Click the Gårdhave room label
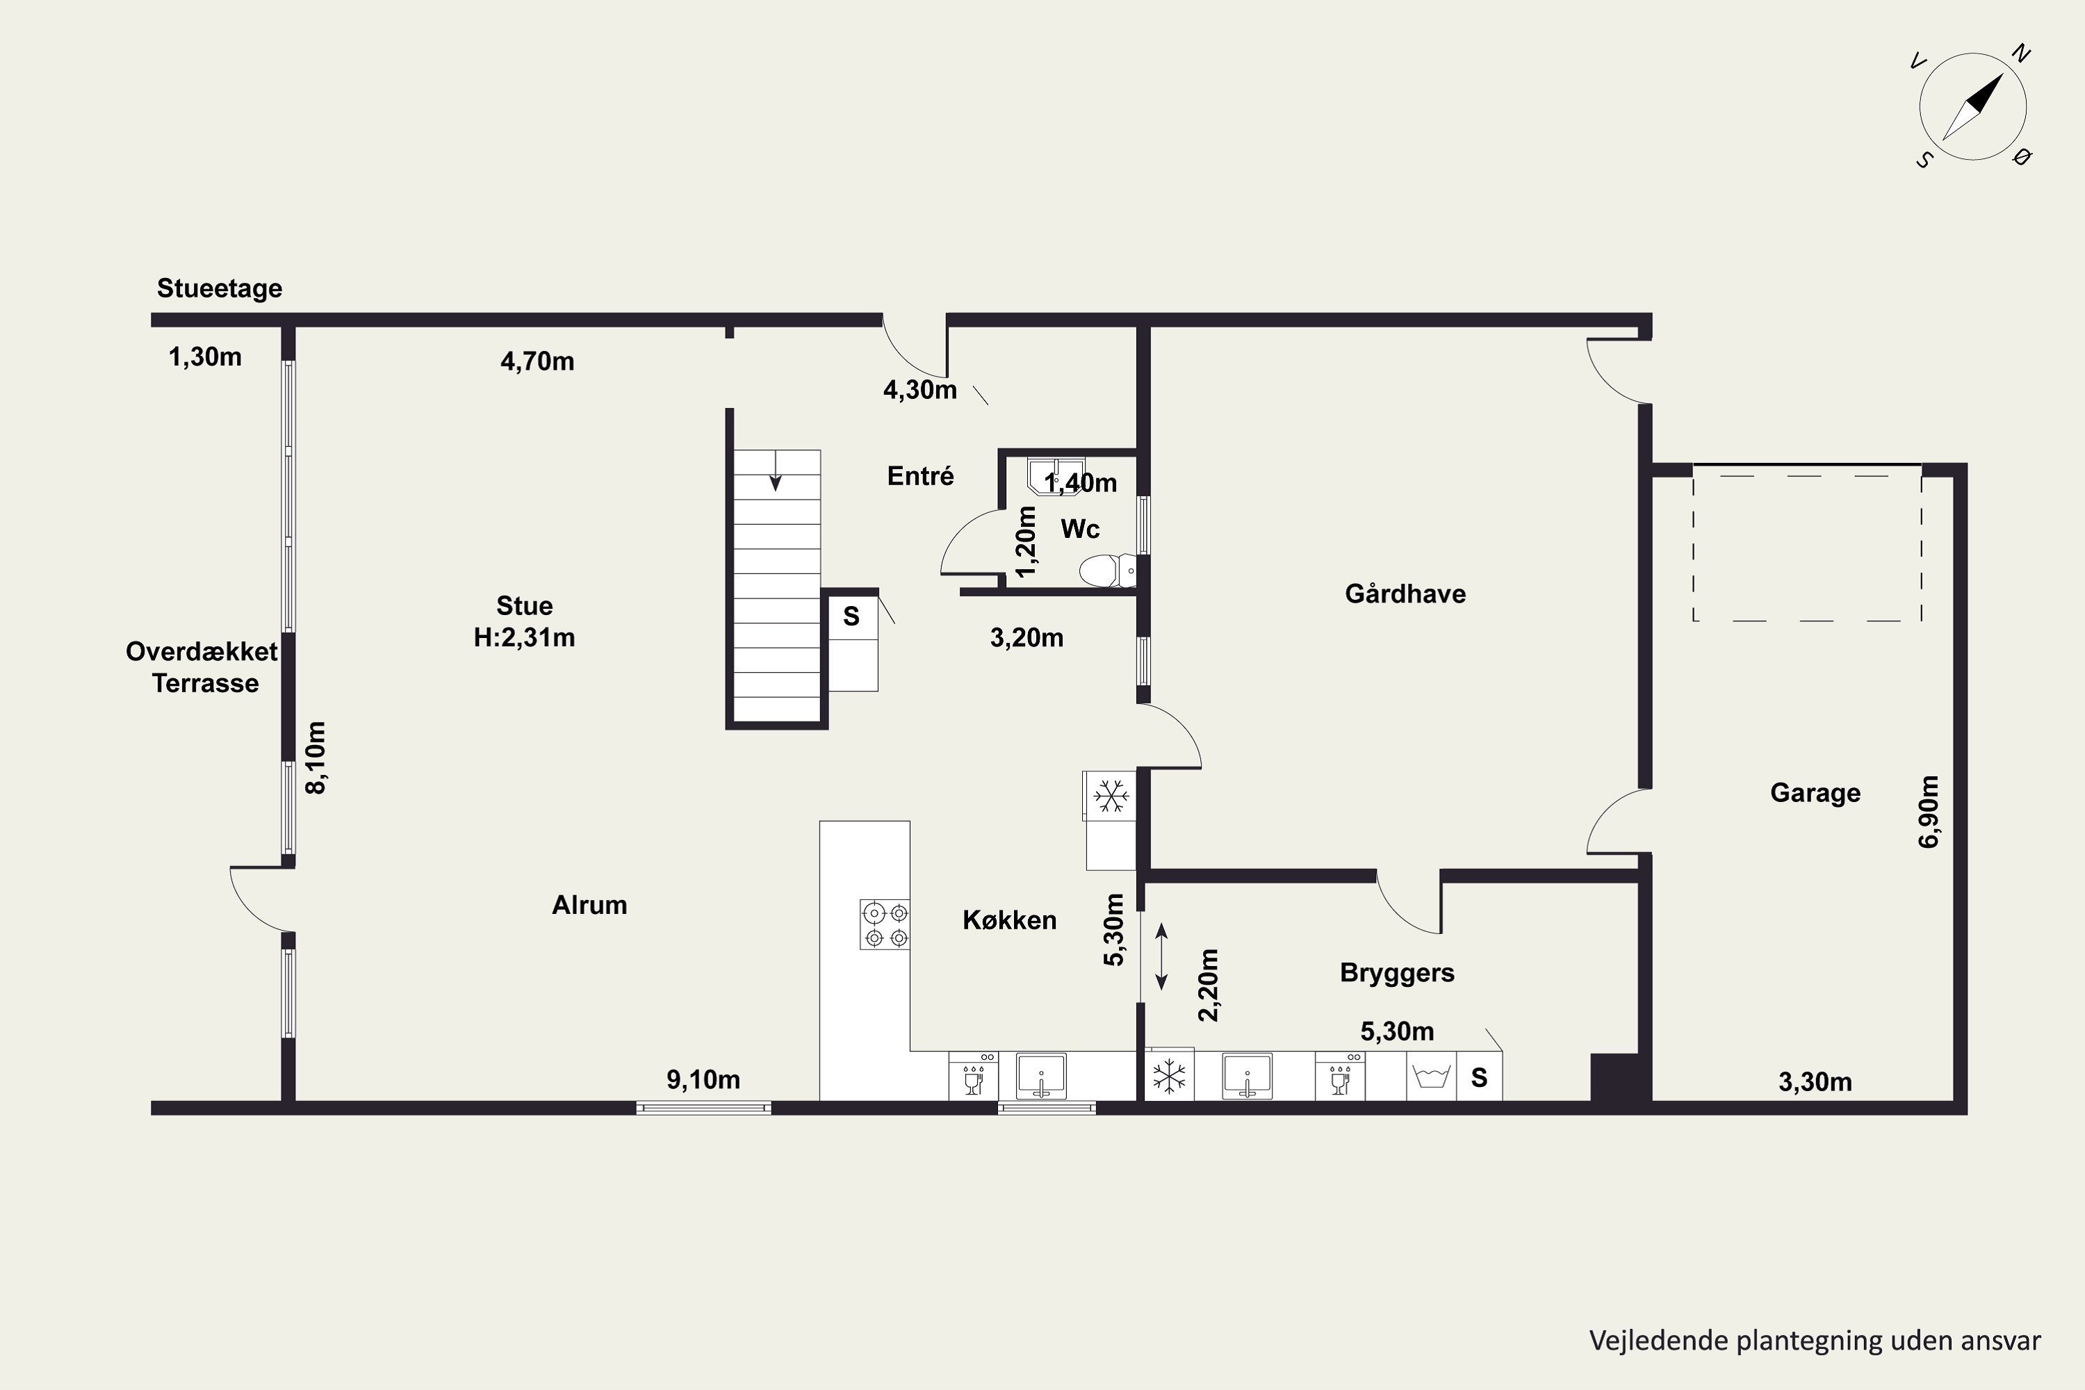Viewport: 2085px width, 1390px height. click(1405, 594)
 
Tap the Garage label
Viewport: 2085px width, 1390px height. click(1815, 792)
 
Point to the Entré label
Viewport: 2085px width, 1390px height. click(920, 476)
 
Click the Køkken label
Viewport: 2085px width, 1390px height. click(1010, 920)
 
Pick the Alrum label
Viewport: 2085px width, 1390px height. click(589, 905)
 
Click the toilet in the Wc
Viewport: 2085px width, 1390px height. click(1106, 570)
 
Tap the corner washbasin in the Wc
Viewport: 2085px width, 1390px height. click(1056, 475)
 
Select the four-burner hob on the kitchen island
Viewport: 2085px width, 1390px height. click(885, 924)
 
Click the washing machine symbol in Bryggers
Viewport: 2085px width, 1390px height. click(1431, 1076)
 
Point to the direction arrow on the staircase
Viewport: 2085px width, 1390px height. click(776, 471)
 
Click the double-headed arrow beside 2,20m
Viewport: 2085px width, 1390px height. click(1161, 956)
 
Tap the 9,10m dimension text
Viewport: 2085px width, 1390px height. click(703, 1080)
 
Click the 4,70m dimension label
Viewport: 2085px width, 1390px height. click(537, 361)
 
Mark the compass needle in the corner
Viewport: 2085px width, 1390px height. click(1972, 106)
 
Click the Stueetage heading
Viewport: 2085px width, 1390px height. click(220, 288)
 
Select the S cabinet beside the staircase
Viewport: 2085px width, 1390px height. click(852, 616)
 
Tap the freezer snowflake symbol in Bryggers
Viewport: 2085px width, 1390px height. click(1168, 1076)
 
